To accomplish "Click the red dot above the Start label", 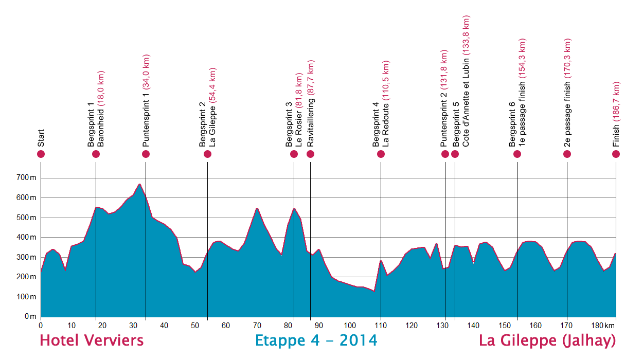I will (41, 154).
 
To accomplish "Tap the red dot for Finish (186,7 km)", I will (616, 154).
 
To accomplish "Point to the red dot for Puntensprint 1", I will (146, 154).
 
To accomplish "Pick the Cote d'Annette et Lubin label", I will (466, 82).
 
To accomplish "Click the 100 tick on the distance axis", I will (350, 326).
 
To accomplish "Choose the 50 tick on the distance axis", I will (195, 326).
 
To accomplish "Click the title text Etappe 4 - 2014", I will (316, 340).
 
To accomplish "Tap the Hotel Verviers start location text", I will (92, 340).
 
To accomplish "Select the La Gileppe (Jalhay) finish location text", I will (547, 340).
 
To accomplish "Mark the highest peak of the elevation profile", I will (139, 184).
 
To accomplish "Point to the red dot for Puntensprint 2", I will (445, 154).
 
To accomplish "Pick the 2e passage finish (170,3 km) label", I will (568, 93).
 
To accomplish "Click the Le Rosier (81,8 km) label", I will (299, 110).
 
